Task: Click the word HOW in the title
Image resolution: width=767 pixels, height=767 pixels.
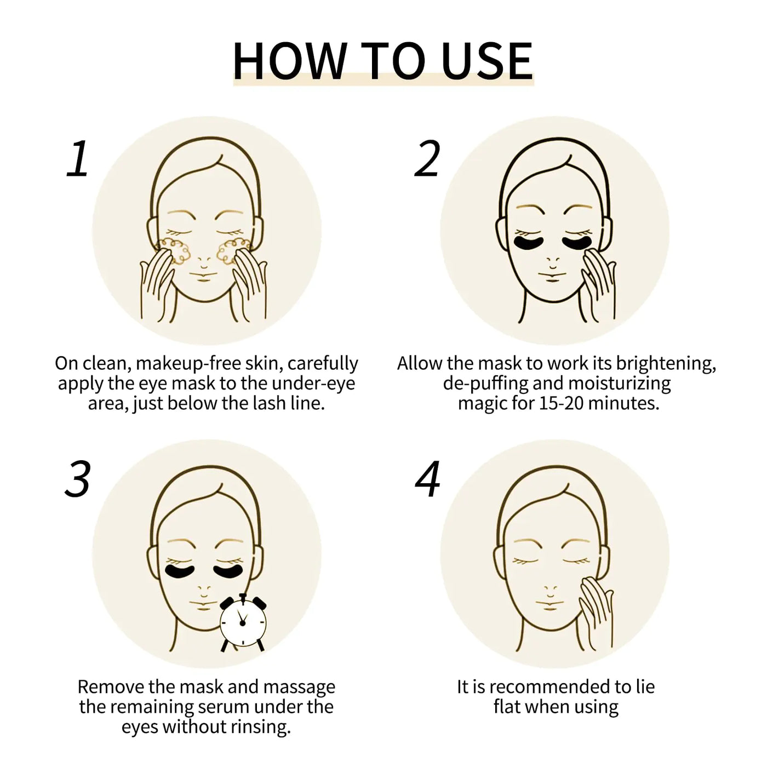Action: coord(289,60)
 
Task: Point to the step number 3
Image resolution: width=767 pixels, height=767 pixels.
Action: coord(77,479)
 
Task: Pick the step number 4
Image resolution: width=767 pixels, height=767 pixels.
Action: coord(427,479)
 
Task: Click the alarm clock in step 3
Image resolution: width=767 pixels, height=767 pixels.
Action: coord(243,622)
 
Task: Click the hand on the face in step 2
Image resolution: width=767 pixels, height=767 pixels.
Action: coord(598,282)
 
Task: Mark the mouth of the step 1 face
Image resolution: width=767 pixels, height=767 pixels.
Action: coord(204,279)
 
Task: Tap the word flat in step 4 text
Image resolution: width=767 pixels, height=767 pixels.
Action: coord(506,707)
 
